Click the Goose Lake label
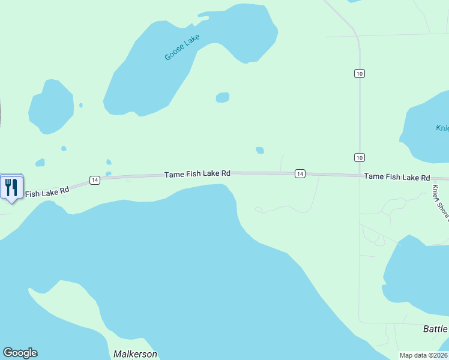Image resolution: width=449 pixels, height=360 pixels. [x=182, y=47]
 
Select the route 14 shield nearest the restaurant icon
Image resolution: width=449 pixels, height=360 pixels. [x=94, y=180]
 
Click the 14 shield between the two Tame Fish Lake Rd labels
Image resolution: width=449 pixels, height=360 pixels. [x=300, y=173]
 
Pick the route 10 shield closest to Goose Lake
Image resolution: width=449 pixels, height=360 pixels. [x=359, y=73]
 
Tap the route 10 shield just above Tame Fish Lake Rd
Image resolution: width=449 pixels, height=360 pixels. [x=359, y=157]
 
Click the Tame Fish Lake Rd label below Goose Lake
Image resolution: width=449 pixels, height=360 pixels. [x=197, y=173]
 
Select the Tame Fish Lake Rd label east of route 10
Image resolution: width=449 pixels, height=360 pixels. [x=397, y=177]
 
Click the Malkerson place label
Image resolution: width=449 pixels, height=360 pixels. [x=135, y=354]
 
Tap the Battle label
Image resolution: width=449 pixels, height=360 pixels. [x=435, y=329]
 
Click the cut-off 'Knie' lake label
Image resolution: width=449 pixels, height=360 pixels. [x=442, y=128]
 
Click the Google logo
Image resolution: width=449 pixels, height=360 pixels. [x=20, y=353]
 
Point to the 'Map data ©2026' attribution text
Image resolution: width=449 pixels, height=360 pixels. [x=423, y=355]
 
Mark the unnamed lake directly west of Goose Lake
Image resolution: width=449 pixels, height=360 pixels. [x=51, y=106]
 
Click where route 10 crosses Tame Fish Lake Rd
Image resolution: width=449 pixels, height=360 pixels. [x=360, y=175]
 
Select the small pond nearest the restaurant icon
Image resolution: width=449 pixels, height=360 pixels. [x=40, y=163]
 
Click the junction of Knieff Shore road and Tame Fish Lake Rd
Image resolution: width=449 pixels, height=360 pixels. [x=431, y=179]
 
